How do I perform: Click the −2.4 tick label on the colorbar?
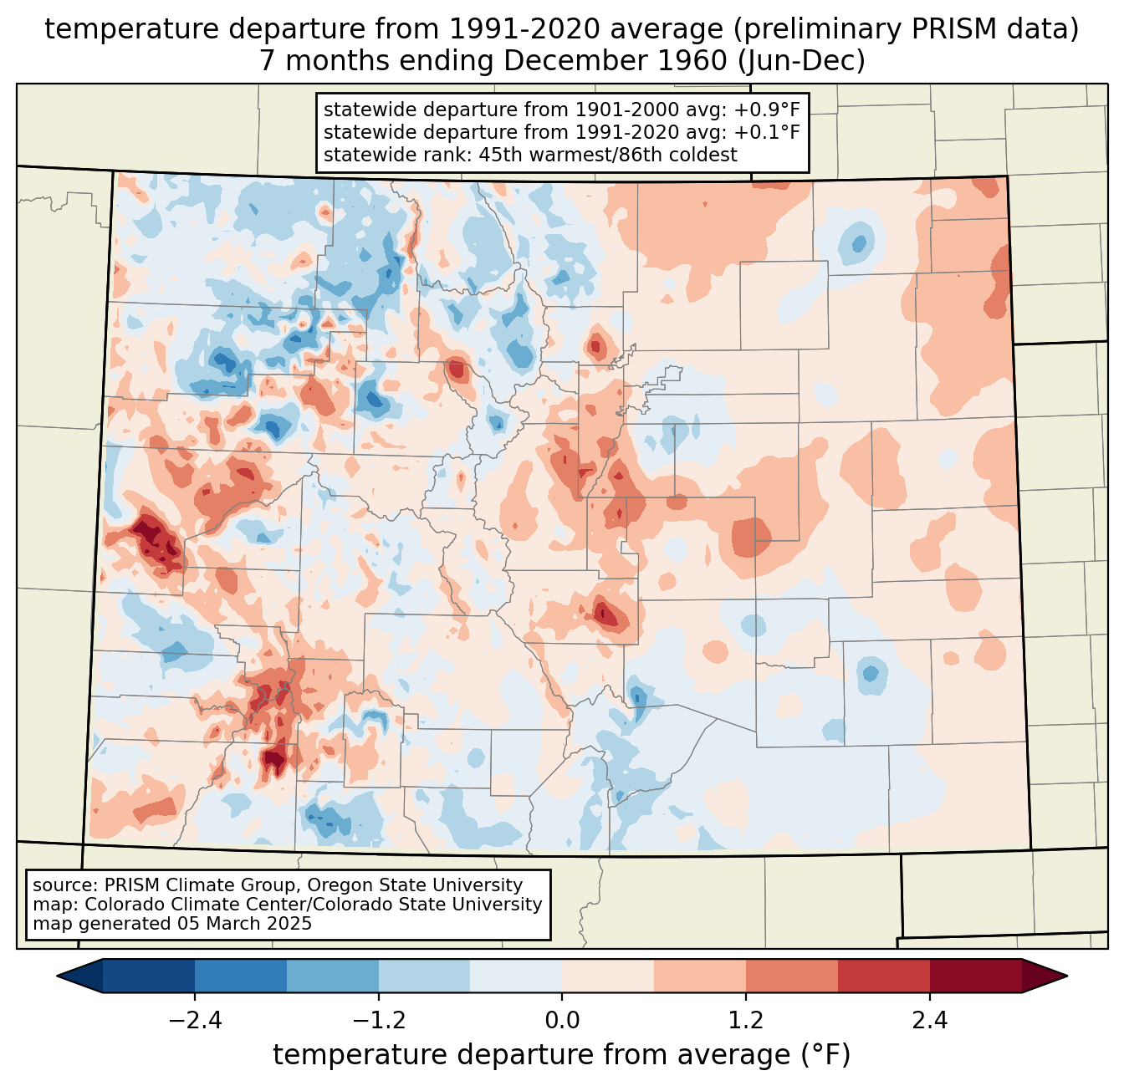(195, 1021)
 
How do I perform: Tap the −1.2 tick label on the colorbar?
(378, 1021)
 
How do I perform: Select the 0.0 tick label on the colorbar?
(562, 1021)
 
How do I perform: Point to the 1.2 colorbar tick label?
(746, 1021)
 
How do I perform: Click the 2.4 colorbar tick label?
(929, 1021)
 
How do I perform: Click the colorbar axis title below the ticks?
(562, 1055)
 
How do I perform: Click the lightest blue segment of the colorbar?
(516, 976)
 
